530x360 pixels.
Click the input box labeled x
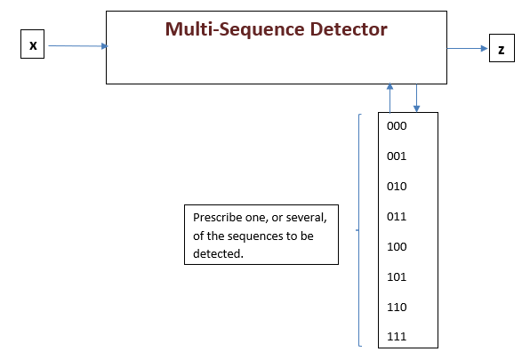click(x=33, y=44)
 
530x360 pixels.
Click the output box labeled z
click(x=501, y=50)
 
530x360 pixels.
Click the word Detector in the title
click(x=341, y=29)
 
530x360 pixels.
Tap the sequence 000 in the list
click(x=397, y=126)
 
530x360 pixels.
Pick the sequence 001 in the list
click(x=397, y=156)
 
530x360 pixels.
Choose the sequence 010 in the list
click(x=397, y=187)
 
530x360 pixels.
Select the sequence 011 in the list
click(x=397, y=216)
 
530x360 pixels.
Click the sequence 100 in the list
click(x=397, y=246)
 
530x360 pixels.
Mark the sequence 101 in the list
click(x=397, y=276)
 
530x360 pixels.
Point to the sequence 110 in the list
click(x=397, y=307)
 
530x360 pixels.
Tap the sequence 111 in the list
click(x=397, y=337)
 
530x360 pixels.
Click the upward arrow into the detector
click(x=389, y=98)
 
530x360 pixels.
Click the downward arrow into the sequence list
click(x=416, y=98)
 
